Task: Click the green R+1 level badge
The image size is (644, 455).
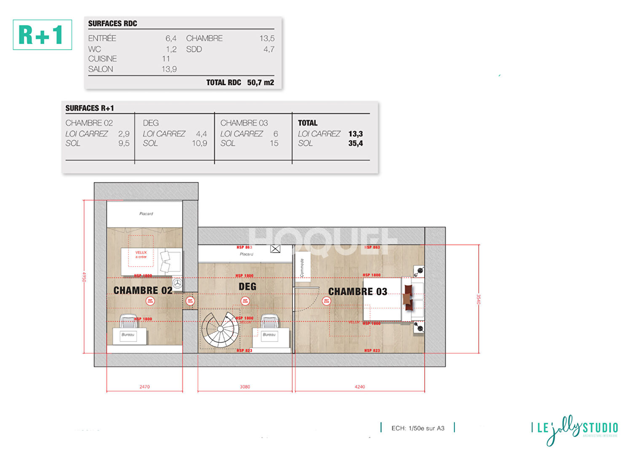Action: coord(42,35)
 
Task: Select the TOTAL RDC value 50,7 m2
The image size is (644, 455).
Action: coord(260,83)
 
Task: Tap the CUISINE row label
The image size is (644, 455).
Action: coord(102,59)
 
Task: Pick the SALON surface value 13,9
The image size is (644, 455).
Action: coord(169,69)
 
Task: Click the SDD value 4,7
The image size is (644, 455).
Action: coord(269,49)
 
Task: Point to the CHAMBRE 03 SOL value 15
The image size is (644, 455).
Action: coord(274,143)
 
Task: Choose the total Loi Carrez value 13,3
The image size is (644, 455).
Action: coord(355,134)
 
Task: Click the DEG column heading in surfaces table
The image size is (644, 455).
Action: coord(150,123)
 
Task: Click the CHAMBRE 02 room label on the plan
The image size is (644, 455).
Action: coord(143,290)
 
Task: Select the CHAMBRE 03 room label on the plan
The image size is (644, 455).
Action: coord(357,292)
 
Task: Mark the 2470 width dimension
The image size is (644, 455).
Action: coord(145,386)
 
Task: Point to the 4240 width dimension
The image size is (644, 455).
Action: coord(360,386)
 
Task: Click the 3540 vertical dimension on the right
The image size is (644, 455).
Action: coord(478,299)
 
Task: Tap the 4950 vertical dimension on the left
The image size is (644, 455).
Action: coord(84,277)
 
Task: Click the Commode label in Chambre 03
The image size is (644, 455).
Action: coord(302,268)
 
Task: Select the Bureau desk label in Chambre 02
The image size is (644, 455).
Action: coord(128,335)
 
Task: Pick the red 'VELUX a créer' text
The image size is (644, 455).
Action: coord(141,254)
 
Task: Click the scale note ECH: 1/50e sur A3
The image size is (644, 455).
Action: coord(418,428)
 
